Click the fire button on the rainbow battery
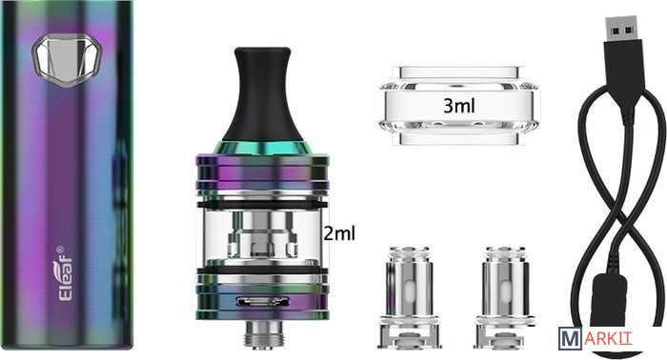tap(67, 60)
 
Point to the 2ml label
tap(339, 233)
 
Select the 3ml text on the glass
tap(459, 106)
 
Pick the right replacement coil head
tap(504, 297)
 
